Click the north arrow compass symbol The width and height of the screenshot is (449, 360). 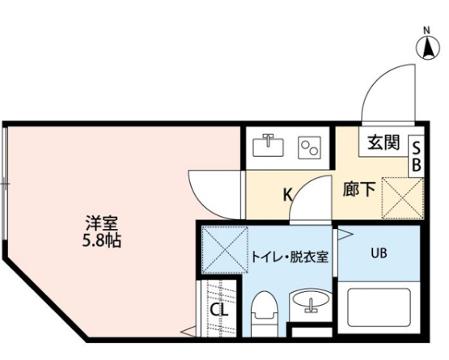pyautogui.click(x=428, y=46)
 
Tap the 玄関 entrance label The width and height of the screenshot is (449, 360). pyautogui.click(x=383, y=142)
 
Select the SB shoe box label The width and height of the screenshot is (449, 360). pyautogui.click(x=417, y=156)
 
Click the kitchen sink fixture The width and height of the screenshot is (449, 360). pyautogui.click(x=268, y=146)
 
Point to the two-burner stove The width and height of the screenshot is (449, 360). pyautogui.click(x=309, y=147)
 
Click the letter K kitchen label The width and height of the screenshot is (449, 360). pyautogui.click(x=287, y=195)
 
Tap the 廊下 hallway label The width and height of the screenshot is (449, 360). pyautogui.click(x=359, y=189)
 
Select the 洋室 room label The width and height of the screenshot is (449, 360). pyautogui.click(x=102, y=223)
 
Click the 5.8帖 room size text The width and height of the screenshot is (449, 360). pyautogui.click(x=102, y=240)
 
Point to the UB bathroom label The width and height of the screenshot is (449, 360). pyautogui.click(x=379, y=253)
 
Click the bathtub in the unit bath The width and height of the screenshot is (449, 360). pyautogui.click(x=379, y=308)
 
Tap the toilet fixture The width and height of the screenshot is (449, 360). pyautogui.click(x=265, y=314)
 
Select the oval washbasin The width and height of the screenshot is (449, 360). pyautogui.click(x=311, y=302)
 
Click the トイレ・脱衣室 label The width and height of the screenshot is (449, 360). pyautogui.click(x=290, y=257)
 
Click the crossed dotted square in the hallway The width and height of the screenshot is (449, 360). pyautogui.click(x=402, y=198)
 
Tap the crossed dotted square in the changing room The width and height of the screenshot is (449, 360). pyautogui.click(x=225, y=249)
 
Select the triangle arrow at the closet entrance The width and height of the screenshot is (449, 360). pyautogui.click(x=188, y=332)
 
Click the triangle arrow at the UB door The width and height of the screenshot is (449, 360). pyautogui.click(x=345, y=235)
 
